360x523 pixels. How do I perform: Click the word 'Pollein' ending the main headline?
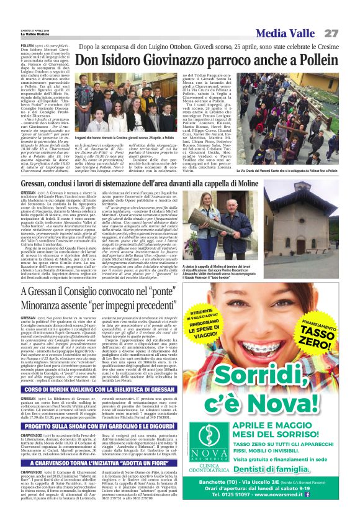[320, 61]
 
